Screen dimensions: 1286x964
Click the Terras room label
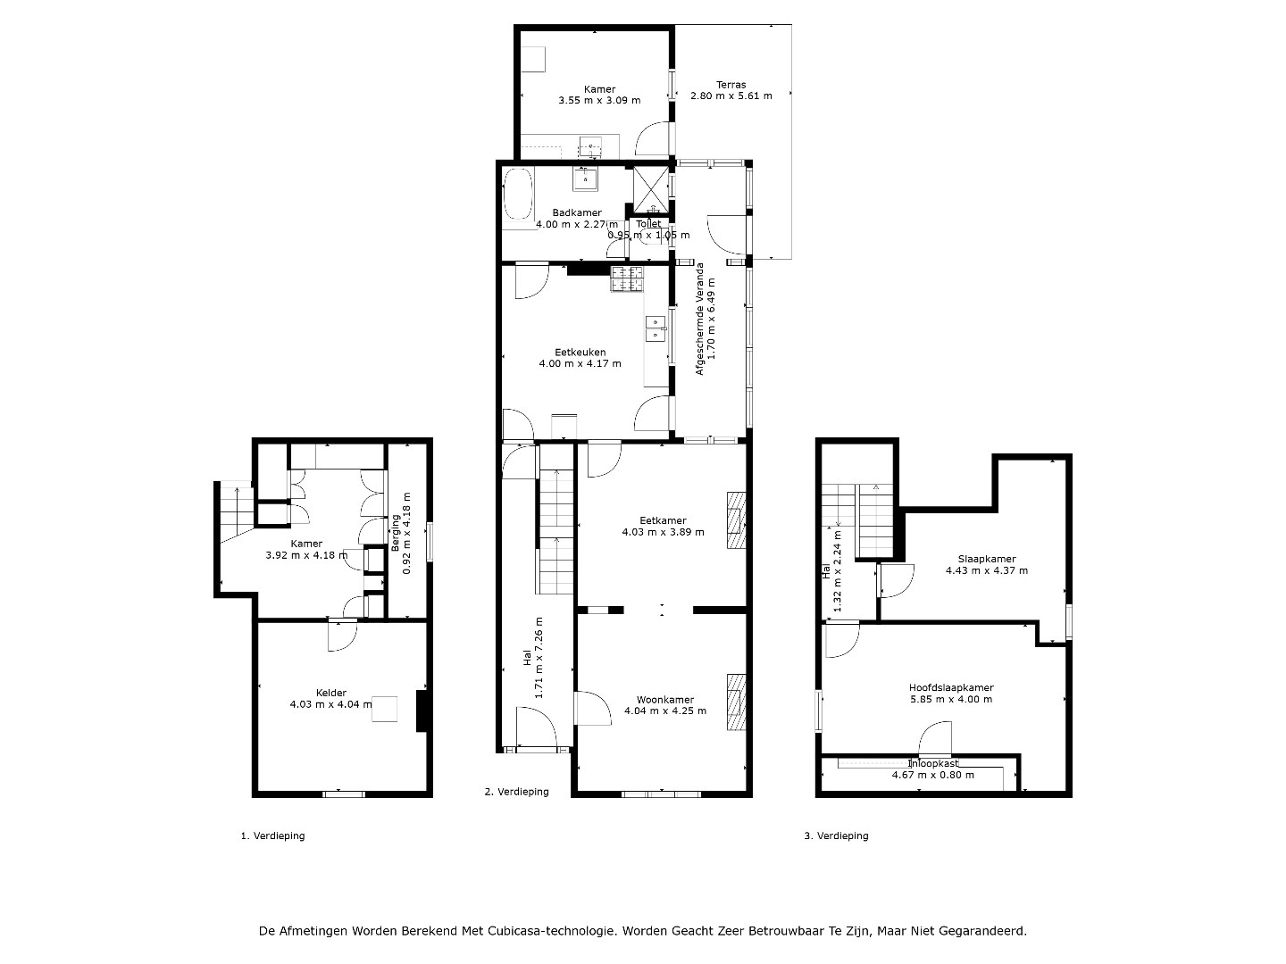click(731, 85)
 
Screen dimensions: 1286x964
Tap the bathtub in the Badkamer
click(518, 195)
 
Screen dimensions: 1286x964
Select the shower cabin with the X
click(650, 189)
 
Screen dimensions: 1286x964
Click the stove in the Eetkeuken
click(627, 278)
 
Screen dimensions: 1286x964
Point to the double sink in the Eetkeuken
click(656, 328)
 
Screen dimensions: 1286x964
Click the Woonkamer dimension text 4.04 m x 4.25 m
click(665, 711)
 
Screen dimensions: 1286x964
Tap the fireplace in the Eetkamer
click(737, 520)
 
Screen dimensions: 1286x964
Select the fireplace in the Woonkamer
click(737, 702)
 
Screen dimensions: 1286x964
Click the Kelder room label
click(331, 693)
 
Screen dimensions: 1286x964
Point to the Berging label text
click(396, 533)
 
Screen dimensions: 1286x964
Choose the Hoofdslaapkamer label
click(951, 687)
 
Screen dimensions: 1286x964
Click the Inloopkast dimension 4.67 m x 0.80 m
click(932, 775)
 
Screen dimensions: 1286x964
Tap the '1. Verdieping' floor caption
click(273, 835)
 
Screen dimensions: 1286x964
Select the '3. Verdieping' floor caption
click(836, 835)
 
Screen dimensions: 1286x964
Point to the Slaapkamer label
click(987, 559)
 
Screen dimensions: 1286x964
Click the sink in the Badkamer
click(585, 179)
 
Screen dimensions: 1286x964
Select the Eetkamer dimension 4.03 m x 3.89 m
click(664, 532)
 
